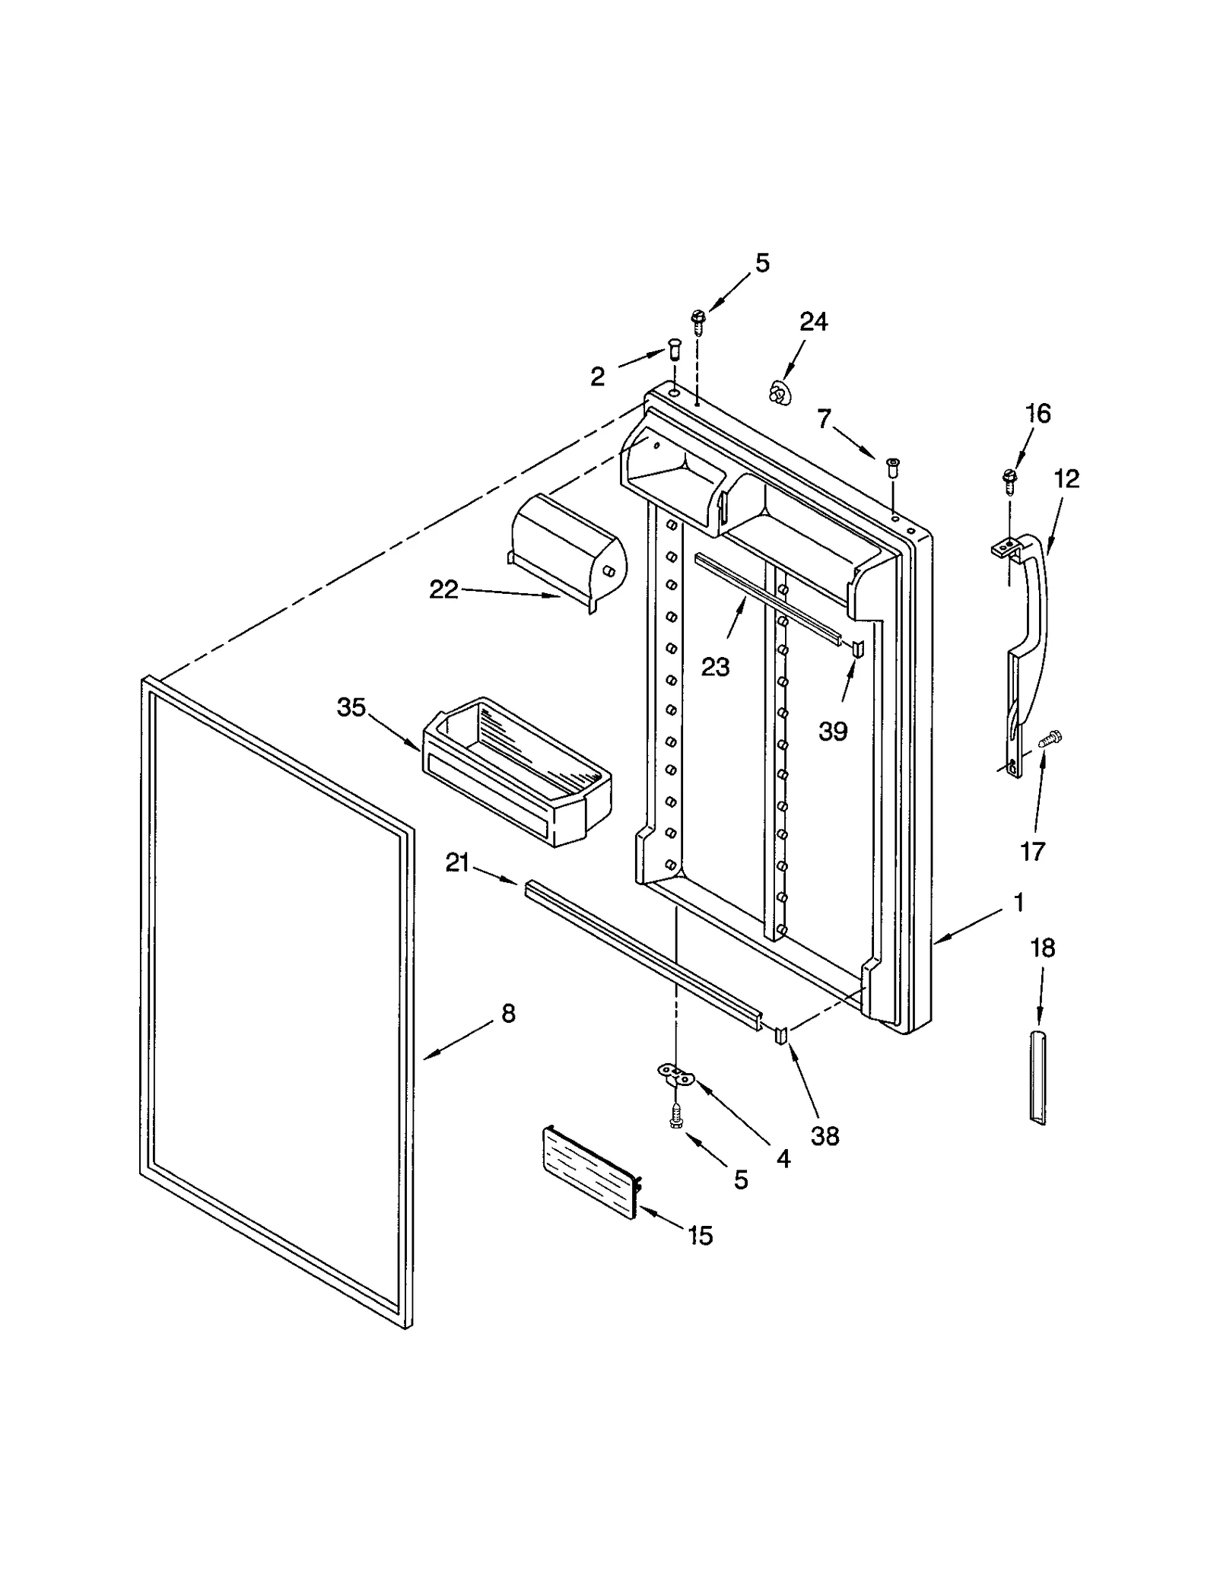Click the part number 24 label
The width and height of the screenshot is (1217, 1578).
coord(813,322)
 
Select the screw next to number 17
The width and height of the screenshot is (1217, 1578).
coord(1049,738)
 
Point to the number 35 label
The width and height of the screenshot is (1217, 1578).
coord(351,707)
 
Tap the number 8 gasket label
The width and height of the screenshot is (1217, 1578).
coord(508,1013)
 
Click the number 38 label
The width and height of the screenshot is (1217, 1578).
coord(825,1136)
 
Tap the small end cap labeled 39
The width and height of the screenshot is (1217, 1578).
coord(857,648)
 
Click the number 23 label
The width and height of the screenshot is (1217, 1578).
coord(715,667)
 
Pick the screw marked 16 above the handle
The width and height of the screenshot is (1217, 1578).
coord(1009,479)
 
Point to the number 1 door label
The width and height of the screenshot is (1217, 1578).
coord(1018,903)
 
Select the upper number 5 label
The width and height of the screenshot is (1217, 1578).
coord(762,263)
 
